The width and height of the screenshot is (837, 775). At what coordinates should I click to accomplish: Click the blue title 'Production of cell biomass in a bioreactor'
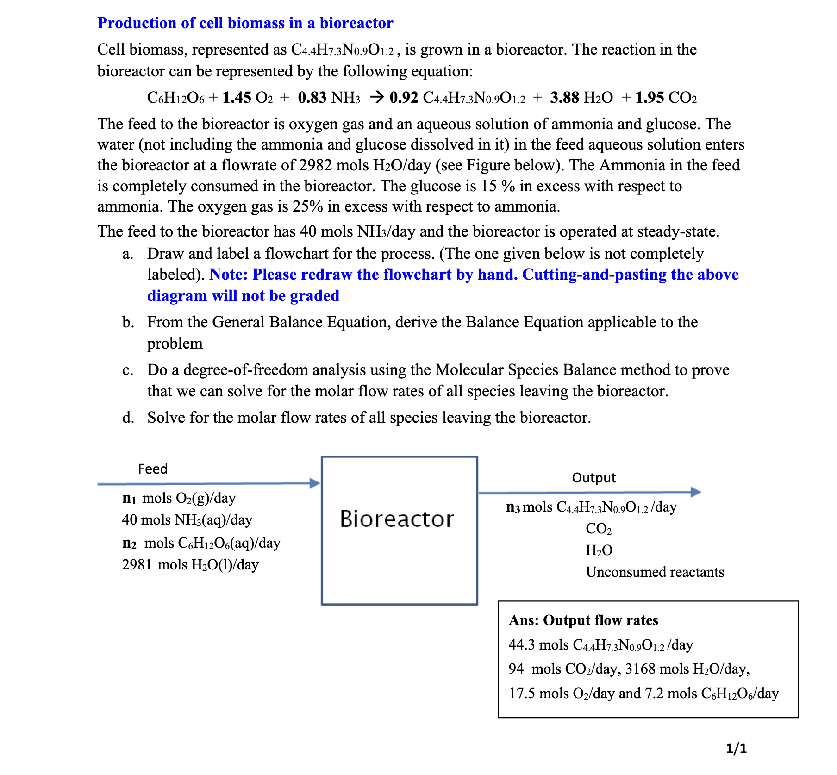245,23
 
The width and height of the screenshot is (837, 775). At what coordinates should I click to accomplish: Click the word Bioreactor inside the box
397,519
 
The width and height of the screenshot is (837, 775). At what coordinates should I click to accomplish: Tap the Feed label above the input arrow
152,469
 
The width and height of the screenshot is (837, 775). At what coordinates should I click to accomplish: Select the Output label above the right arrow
593,478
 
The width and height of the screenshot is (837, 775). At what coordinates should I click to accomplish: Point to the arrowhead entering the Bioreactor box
315,483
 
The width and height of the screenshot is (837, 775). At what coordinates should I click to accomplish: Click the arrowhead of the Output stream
696,492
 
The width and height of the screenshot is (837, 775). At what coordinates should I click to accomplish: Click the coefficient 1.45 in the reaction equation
237,98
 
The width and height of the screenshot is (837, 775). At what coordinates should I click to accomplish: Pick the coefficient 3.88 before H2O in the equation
564,98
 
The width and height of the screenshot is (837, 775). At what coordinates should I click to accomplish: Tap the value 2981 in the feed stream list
137,565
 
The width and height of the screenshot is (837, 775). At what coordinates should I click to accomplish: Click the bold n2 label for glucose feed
129,543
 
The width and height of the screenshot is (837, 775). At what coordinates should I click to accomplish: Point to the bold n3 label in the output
513,507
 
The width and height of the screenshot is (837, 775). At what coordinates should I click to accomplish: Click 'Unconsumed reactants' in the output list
655,572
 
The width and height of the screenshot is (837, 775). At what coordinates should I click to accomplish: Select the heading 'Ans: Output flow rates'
583,620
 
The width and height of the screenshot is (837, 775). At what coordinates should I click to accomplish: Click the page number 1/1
736,749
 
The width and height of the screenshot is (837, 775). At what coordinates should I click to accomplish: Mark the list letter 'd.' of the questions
128,418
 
